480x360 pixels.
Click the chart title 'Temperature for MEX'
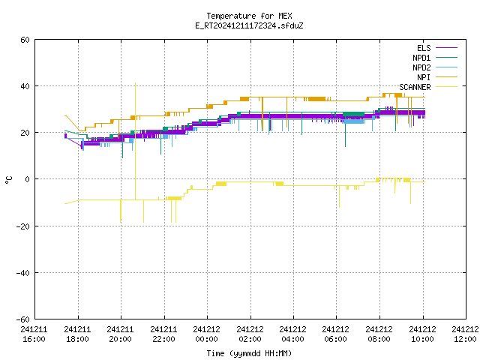pyautogui.click(x=249, y=16)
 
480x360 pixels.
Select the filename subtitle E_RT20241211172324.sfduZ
pyautogui.click(x=249, y=25)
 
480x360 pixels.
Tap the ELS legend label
pyautogui.click(x=424, y=48)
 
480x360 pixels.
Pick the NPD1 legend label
pyautogui.click(x=421, y=58)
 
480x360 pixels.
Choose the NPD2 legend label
pyautogui.click(x=421, y=67)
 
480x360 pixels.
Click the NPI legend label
pyautogui.click(x=424, y=77)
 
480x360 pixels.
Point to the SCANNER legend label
pyautogui.click(x=415, y=87)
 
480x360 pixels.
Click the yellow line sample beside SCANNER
pyautogui.click(x=446, y=87)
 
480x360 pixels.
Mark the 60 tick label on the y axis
pyautogui.click(x=25, y=40)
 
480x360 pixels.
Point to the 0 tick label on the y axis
pyautogui.click(x=28, y=179)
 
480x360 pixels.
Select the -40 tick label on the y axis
pyautogui.click(x=23, y=273)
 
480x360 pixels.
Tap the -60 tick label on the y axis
pyautogui.click(x=23, y=319)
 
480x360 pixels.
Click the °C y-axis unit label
pyautogui.click(x=9, y=180)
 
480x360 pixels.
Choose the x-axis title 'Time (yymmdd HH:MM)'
pyautogui.click(x=249, y=353)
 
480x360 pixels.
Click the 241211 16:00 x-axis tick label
pyautogui.click(x=34, y=334)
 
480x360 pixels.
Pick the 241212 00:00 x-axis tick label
pyautogui.click(x=207, y=334)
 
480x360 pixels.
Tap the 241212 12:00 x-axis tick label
pyautogui.click(x=466, y=334)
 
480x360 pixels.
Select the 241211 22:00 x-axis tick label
pyautogui.click(x=163, y=334)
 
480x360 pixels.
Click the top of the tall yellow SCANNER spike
pyautogui.click(x=135, y=82)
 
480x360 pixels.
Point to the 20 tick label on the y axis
pyautogui.click(x=25, y=133)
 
